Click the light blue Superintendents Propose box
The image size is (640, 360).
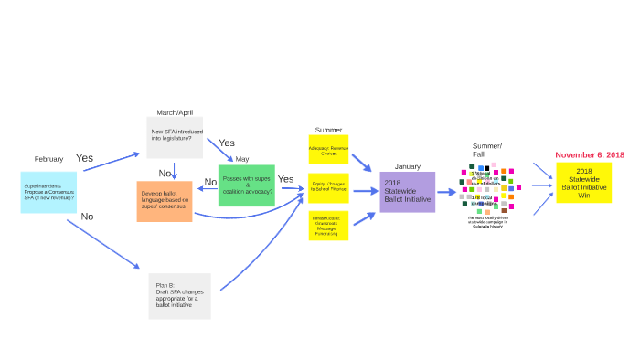pyautogui.click(x=48, y=192)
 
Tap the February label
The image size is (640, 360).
pyautogui.click(x=48, y=159)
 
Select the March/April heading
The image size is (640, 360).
pyautogui.click(x=175, y=111)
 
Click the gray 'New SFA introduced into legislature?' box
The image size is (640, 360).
pyautogui.click(x=175, y=137)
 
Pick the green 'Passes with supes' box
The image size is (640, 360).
pyautogui.click(x=247, y=185)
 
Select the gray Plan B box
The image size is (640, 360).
pyautogui.click(x=179, y=295)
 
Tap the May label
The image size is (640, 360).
pyautogui.click(x=241, y=159)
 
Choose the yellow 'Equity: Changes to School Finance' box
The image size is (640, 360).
pyautogui.click(x=329, y=188)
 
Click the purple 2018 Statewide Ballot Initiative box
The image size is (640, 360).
pyautogui.click(x=407, y=192)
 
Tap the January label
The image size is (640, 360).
pyautogui.click(x=407, y=166)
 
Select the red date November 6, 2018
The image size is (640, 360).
pyautogui.click(x=590, y=155)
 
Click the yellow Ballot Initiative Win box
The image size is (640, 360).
pyautogui.click(x=583, y=183)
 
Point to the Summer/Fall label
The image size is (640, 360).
pyautogui.click(x=486, y=150)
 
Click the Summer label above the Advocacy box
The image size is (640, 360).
pyautogui.click(x=328, y=130)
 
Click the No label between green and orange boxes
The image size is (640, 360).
pyautogui.click(x=210, y=182)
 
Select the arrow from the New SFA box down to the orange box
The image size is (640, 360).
pyautogui.click(x=175, y=170)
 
